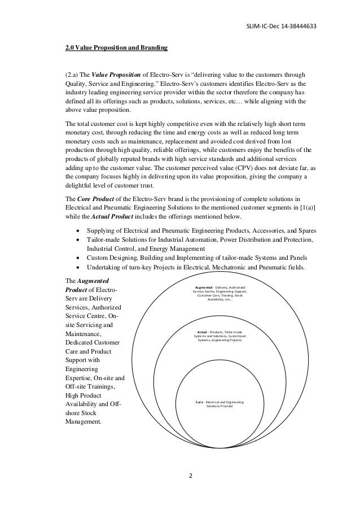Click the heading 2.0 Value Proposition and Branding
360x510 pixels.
coord(116,47)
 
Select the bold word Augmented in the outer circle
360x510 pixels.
coord(204,287)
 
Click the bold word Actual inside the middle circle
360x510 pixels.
coord(205,333)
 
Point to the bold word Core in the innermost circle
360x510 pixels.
coord(200,402)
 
